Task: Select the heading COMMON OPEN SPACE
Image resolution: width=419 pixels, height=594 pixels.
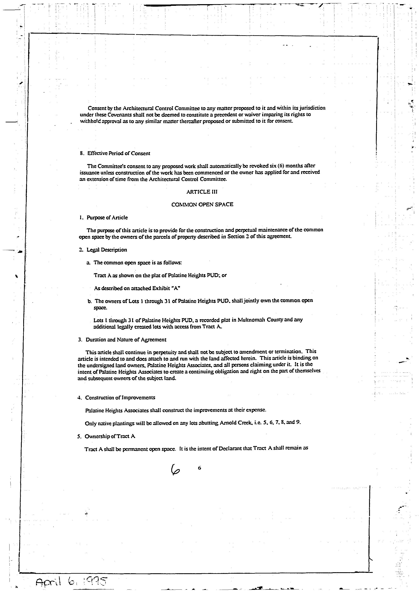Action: (x=202, y=204)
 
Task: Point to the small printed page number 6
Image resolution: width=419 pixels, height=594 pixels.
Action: (x=199, y=468)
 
